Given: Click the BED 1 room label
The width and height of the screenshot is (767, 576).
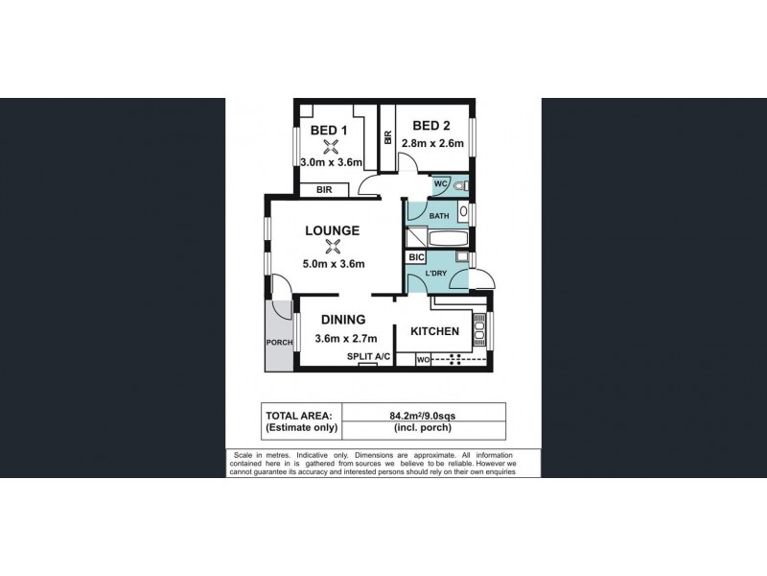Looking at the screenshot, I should pyautogui.click(x=330, y=131).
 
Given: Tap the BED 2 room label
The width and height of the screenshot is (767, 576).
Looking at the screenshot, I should pyautogui.click(x=431, y=126).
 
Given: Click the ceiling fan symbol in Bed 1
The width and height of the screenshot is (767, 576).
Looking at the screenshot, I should pyautogui.click(x=331, y=147).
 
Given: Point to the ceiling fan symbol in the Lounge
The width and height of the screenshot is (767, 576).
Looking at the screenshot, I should pyautogui.click(x=333, y=247).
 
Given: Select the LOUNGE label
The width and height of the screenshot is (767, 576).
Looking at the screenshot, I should pyautogui.click(x=333, y=230).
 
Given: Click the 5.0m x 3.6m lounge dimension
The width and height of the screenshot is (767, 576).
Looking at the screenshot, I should pyautogui.click(x=334, y=264).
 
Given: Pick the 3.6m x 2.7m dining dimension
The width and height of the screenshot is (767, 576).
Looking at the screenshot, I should pyautogui.click(x=340, y=337).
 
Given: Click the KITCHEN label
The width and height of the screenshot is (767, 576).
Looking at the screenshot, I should pyautogui.click(x=435, y=332).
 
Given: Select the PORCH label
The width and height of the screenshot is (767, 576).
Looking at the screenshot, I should pyautogui.click(x=279, y=343).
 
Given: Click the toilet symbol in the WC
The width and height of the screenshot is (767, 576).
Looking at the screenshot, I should pyautogui.click(x=460, y=184).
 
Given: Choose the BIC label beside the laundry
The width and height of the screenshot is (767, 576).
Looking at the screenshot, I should pyautogui.click(x=416, y=257).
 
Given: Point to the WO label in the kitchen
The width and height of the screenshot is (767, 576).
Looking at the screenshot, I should pyautogui.click(x=423, y=360).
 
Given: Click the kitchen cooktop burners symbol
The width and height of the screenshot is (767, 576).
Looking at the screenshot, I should pyautogui.click(x=454, y=360).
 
